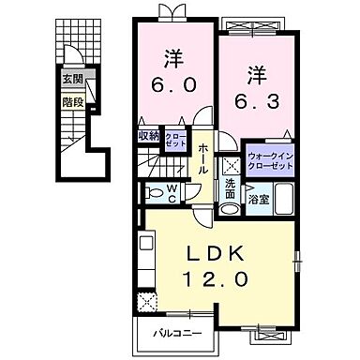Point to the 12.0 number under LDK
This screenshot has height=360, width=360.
tap(221, 279)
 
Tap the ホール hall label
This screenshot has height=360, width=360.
tap(202, 161)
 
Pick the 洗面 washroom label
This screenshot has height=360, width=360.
tap(232, 188)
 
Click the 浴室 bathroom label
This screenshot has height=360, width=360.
tap(257, 200)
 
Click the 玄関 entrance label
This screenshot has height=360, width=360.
tap(72, 78)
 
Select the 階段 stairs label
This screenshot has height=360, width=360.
tap(72, 97)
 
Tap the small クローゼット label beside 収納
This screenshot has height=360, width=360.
tap(174, 138)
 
